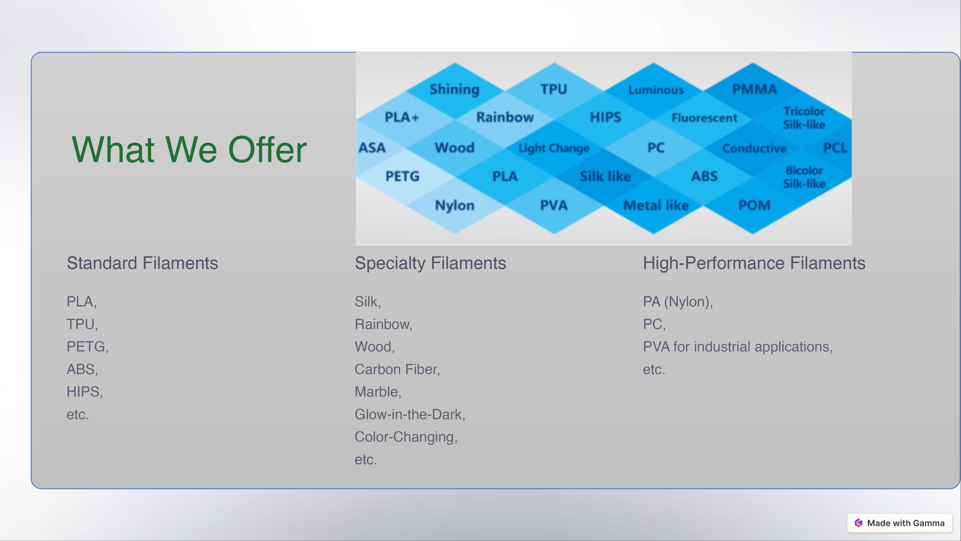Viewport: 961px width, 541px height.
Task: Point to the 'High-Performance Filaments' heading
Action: tap(754, 263)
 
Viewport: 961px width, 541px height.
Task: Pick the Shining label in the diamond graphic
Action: tap(454, 90)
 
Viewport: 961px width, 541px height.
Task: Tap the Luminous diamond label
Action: tap(656, 90)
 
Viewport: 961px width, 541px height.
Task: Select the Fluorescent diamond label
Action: tap(704, 118)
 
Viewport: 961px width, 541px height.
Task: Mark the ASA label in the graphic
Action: tap(372, 148)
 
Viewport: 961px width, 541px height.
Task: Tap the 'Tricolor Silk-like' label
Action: tap(804, 118)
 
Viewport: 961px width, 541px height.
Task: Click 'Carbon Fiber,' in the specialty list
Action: tap(397, 369)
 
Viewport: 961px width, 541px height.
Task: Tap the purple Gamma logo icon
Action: tap(859, 523)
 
